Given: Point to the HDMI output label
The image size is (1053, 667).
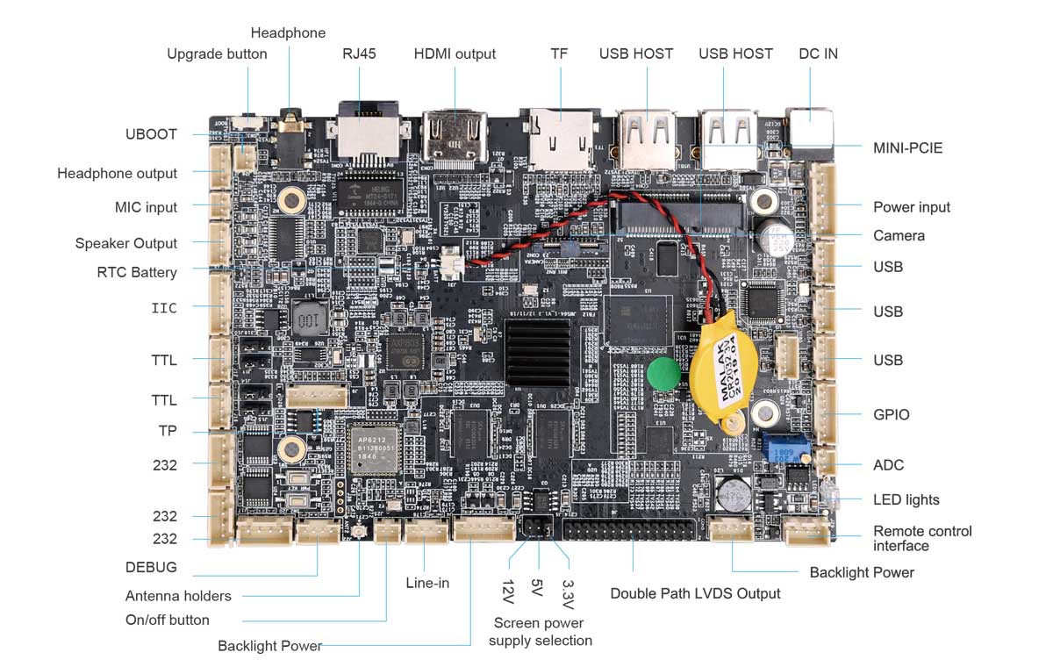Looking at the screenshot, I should pyautogui.click(x=455, y=54).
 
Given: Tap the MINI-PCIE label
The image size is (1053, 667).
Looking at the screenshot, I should pyautogui.click(x=907, y=147).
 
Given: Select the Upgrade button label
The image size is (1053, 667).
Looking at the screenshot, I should pyautogui.click(x=217, y=54).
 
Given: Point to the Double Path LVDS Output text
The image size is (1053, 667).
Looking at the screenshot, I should pyautogui.click(x=695, y=593).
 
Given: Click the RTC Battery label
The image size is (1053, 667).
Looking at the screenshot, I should pyautogui.click(x=137, y=272).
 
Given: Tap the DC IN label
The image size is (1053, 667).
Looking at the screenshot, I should pyautogui.click(x=818, y=54).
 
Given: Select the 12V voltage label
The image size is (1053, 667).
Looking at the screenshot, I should pyautogui.click(x=507, y=590).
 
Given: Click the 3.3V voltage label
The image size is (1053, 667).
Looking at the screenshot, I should pyautogui.click(x=568, y=593).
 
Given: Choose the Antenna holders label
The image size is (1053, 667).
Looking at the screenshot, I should pyautogui.click(x=178, y=596).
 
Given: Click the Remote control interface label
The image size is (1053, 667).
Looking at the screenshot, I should pyautogui.click(x=922, y=538).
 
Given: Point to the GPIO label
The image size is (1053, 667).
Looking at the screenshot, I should pyautogui.click(x=891, y=414).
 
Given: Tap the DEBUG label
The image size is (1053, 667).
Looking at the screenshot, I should pyautogui.click(x=150, y=567).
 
